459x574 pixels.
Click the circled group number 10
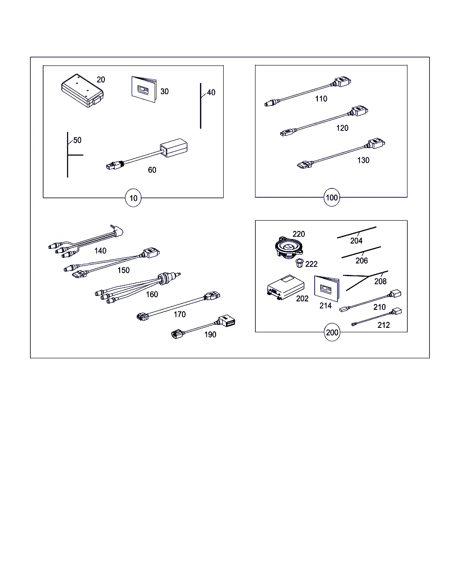coord(133,198)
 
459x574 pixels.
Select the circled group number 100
coord(332,197)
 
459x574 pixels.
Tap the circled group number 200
coord(332,332)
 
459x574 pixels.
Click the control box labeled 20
coord(82,91)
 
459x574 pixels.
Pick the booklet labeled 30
coord(144,89)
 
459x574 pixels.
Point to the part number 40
coord(211,92)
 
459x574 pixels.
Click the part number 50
coord(78,140)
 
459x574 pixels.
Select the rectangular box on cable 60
coord(173,148)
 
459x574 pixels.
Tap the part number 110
coord(321,99)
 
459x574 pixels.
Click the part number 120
coord(342,128)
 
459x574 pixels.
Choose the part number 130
coord(363,160)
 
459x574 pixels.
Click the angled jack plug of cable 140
coord(117,230)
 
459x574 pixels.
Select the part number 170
coord(180,314)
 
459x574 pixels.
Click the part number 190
coord(210,335)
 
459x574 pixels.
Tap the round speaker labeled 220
coord(289,248)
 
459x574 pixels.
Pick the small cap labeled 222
coord(300,263)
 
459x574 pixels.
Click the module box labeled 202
coord(286,287)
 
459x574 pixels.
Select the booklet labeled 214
coord(327,289)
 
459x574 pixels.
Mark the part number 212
coord(384,325)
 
